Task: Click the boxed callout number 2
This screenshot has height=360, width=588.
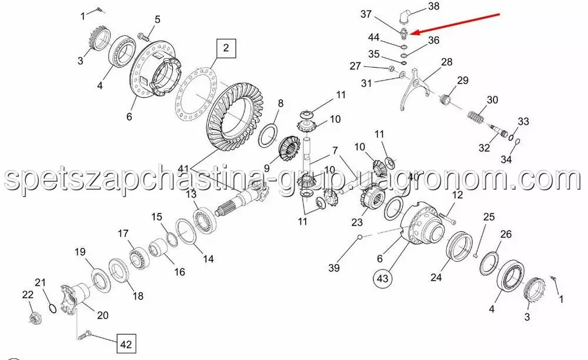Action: coord(226,48)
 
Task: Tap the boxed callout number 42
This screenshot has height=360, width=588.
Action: coord(126,344)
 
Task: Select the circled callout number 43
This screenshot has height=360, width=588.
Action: coord(383,279)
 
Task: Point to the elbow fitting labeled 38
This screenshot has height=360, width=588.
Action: coord(405,17)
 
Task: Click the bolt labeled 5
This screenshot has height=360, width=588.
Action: coord(143,36)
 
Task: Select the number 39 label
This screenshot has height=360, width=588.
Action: coord(334,268)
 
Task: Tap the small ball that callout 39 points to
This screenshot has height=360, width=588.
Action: coord(360,236)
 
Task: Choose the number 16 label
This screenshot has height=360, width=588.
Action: coord(179,272)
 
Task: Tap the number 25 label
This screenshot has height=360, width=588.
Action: coord(489,216)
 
